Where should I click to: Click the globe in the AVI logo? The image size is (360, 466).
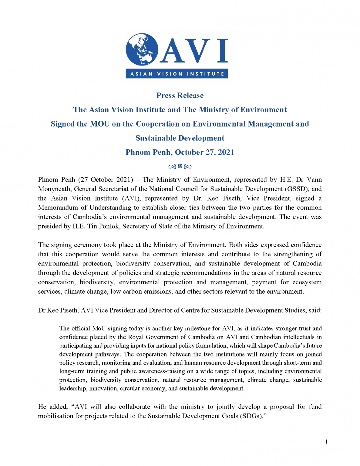point(142,49)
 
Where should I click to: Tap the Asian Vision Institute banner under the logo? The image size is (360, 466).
point(177,74)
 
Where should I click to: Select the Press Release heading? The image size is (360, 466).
point(180,96)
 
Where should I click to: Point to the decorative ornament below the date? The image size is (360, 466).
point(180,166)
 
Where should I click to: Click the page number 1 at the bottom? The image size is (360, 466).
point(326,442)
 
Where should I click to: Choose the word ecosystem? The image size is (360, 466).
point(307,282)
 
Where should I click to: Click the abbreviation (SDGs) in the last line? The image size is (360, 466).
point(251,416)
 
